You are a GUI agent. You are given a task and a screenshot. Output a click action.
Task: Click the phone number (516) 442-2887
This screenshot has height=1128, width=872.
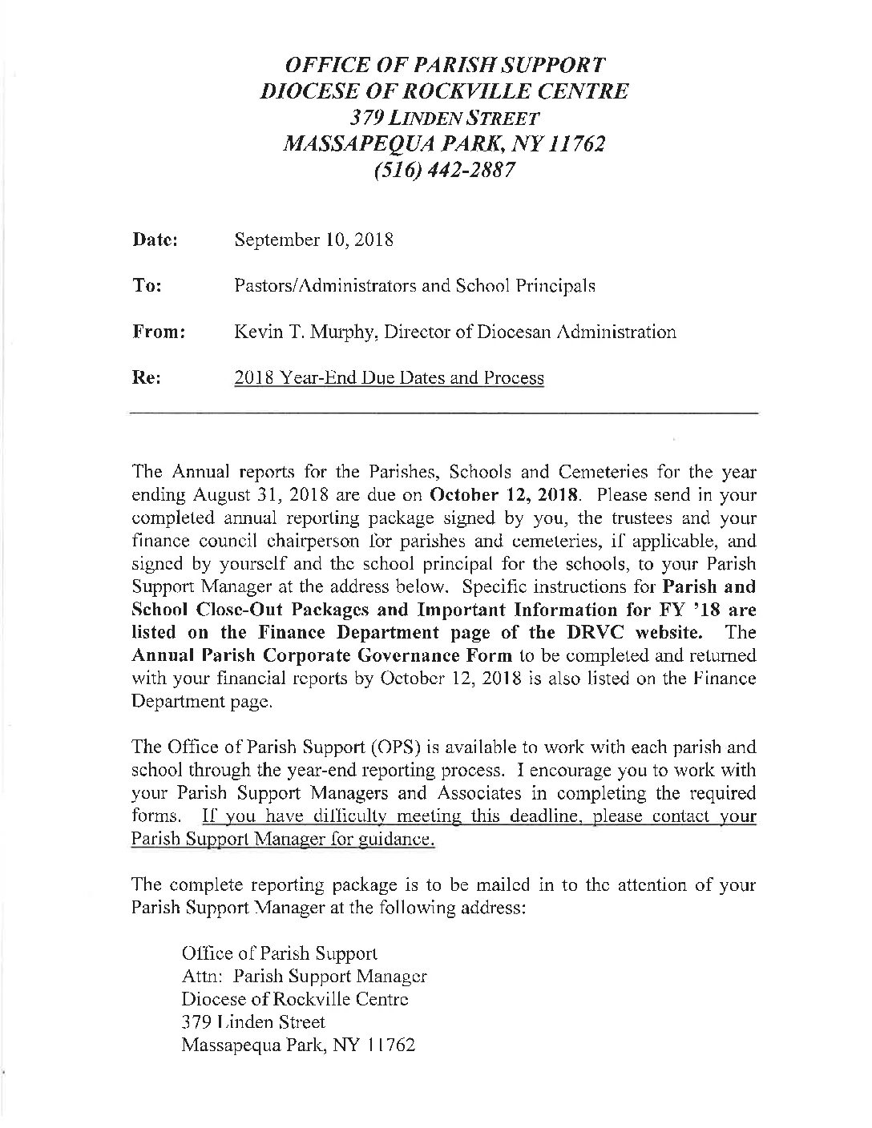point(445,170)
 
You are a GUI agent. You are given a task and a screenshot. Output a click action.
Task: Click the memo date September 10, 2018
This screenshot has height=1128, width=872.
point(313,240)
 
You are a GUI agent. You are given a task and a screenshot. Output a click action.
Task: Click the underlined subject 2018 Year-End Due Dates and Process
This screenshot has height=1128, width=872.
point(389,377)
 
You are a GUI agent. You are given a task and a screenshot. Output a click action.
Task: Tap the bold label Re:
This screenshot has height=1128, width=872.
point(144,377)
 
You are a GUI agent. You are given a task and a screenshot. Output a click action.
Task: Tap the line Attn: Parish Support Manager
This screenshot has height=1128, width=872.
point(304,977)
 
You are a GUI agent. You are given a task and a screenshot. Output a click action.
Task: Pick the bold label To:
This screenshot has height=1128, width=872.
point(144,285)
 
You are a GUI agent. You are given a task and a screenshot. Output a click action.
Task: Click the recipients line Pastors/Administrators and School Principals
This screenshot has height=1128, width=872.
point(414,285)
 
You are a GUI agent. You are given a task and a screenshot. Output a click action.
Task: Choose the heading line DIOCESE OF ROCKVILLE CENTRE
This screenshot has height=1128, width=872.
point(445,91)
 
